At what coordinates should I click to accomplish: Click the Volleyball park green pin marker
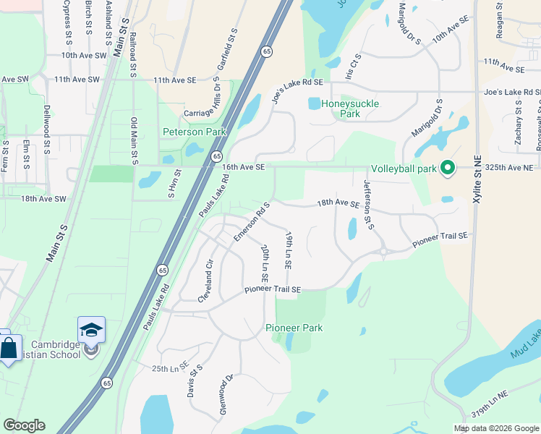click(447, 169)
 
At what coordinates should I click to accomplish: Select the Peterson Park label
click(194, 132)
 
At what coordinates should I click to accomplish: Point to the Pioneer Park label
click(294, 328)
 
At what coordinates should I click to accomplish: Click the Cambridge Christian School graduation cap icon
click(92, 331)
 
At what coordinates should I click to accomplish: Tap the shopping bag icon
click(8, 348)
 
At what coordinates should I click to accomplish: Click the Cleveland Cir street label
click(205, 281)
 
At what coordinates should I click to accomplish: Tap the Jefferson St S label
click(368, 205)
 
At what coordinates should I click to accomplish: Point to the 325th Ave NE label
click(511, 168)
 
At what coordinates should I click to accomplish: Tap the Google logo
click(24, 425)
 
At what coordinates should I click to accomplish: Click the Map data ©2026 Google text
click(495, 428)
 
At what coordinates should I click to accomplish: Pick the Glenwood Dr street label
click(224, 394)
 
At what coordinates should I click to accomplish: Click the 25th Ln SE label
click(170, 369)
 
